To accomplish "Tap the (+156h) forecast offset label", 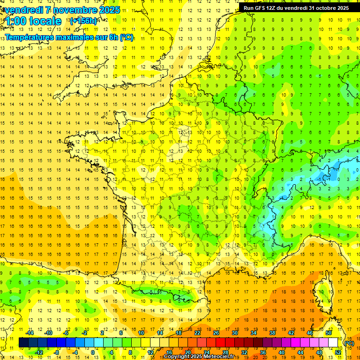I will [83, 21].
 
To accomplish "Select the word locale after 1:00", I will [45, 21].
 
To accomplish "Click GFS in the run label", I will [261, 8].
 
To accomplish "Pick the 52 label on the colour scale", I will [338, 352].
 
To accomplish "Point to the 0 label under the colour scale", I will [93, 352].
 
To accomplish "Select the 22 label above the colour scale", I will [197, 333].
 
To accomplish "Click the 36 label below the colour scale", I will [263, 352].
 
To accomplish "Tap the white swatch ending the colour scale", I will [333, 343].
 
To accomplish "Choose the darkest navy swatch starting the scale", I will [23, 343].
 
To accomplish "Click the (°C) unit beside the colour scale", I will [349, 343].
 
